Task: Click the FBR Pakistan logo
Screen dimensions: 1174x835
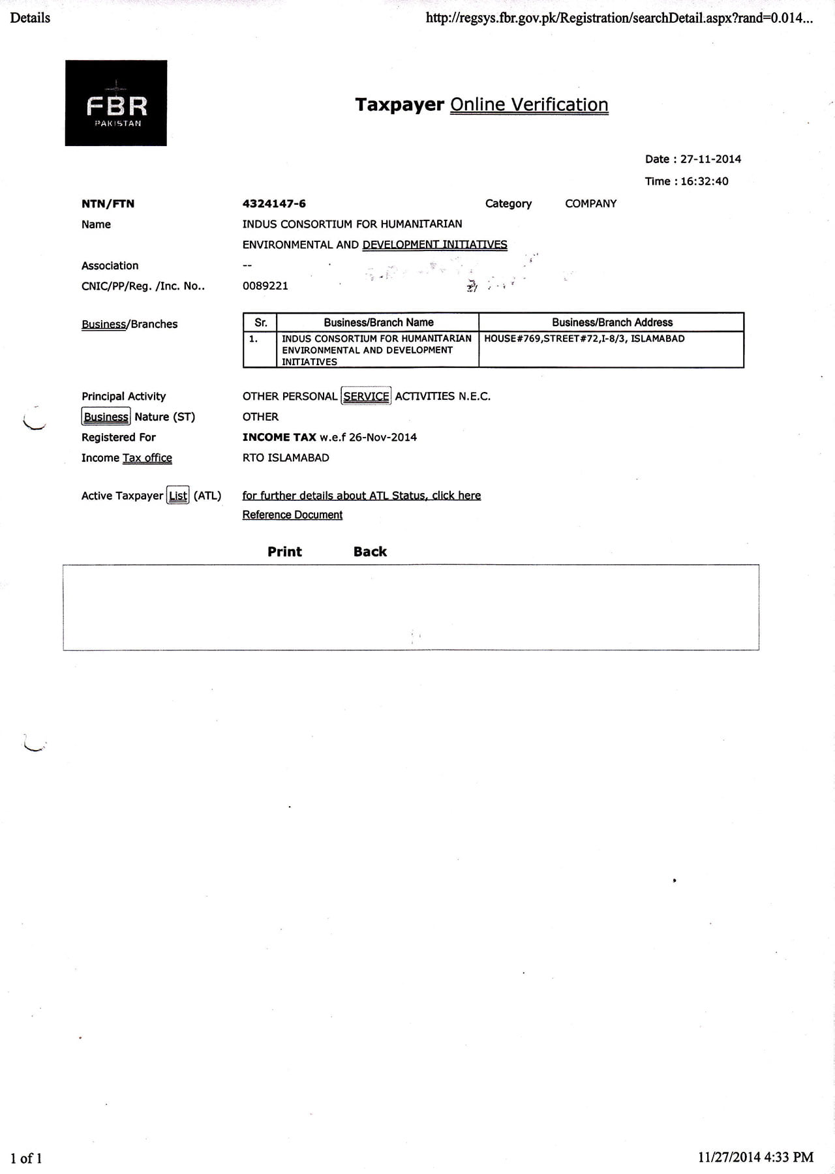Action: [116, 103]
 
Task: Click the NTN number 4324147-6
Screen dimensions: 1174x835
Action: [274, 203]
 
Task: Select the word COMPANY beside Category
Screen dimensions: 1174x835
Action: [590, 203]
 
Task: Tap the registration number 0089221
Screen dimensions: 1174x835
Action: [265, 286]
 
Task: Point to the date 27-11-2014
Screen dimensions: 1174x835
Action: [710, 159]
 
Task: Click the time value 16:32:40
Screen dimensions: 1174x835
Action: [704, 181]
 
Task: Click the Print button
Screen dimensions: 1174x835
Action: [284, 552]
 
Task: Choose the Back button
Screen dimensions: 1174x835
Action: [370, 552]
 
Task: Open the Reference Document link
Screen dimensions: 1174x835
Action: [292, 515]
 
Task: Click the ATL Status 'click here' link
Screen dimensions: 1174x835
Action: [456, 496]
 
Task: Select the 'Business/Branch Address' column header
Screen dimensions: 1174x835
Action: [612, 322]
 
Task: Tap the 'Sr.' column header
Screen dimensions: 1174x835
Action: [260, 322]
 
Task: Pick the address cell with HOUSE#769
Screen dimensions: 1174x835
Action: [584, 339]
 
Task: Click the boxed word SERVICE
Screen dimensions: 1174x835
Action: [366, 396]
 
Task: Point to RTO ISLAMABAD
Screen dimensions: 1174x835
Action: [286, 458]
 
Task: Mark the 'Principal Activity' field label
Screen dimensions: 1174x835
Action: [123, 397]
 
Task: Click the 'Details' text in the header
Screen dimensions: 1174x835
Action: [30, 18]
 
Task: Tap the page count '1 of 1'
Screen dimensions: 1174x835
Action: [26, 1158]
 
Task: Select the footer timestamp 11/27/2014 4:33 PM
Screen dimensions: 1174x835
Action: [755, 1157]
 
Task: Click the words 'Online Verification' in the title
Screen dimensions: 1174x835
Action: [529, 105]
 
